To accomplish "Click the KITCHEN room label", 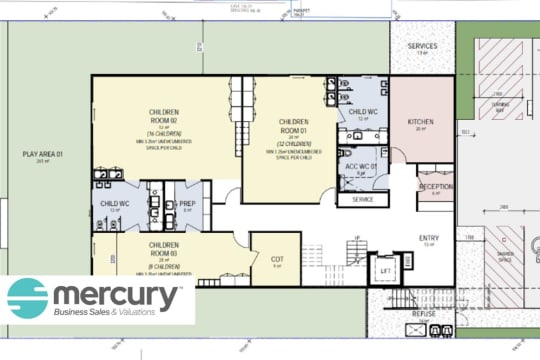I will [x=421, y=122].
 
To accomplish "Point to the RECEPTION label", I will [x=436, y=187].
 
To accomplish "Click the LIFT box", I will [x=383, y=270].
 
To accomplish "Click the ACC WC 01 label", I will [x=357, y=166].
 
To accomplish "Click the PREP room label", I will [x=186, y=205].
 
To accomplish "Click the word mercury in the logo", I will [x=119, y=296].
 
